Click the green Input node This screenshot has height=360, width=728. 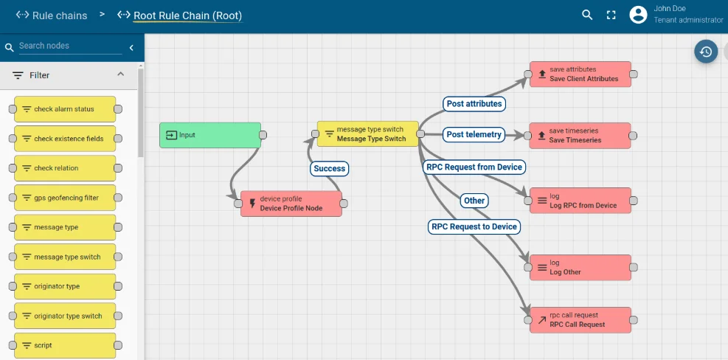[210, 135]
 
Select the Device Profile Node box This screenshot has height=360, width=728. [291, 204]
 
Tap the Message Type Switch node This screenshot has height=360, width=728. [367, 134]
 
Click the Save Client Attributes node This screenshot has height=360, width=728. [580, 74]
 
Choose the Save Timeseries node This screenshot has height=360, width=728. [580, 136]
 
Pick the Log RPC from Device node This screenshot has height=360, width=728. [580, 201]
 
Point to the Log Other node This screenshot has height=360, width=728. [580, 267]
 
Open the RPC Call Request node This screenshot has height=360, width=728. [580, 320]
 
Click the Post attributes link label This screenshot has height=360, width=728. [474, 104]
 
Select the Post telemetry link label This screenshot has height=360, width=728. [474, 134]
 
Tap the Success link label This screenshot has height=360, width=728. [329, 168]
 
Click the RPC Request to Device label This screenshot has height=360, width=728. [474, 226]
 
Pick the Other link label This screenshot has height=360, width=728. [474, 201]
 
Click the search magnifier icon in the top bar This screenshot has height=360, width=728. [587, 15]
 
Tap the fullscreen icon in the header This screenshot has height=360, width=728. [611, 15]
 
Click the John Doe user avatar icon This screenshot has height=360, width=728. [638, 15]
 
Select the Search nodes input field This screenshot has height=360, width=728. [70, 46]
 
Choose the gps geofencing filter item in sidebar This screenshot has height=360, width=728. [65, 198]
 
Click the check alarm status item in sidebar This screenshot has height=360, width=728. [65, 109]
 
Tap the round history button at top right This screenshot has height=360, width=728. [706, 52]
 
